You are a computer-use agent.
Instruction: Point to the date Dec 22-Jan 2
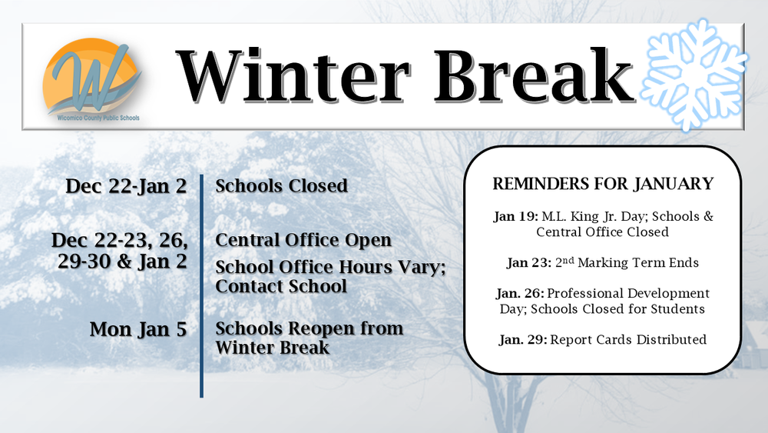pos(127,186)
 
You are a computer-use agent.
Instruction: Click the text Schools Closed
pos(281,186)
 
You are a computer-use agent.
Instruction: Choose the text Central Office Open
pos(303,240)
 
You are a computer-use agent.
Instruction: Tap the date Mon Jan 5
pos(138,329)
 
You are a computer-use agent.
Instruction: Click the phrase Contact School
pos(281,286)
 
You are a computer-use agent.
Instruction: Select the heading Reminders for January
pos(603,185)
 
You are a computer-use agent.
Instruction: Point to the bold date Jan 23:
pos(528,263)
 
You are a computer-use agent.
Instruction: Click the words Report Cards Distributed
pos(628,340)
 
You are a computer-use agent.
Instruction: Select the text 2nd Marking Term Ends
pos(625,263)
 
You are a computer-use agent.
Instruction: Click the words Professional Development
pos(631,294)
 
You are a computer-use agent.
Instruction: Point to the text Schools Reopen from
pos(309,328)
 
